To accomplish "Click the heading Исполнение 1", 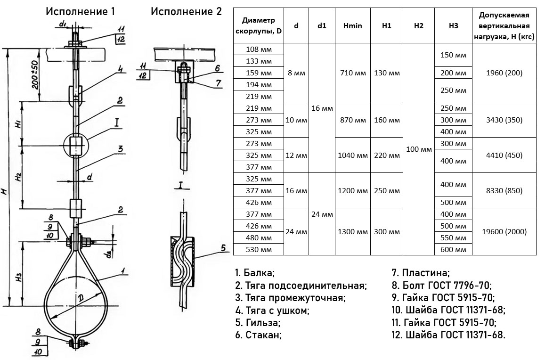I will (x=80, y=12).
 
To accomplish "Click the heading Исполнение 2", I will (x=186, y=12).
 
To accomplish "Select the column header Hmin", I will (x=353, y=26).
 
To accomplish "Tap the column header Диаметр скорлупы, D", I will (x=259, y=26).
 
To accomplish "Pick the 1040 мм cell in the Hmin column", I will (x=353, y=155).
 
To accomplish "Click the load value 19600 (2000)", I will (x=504, y=232).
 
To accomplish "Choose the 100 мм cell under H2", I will (x=419, y=149).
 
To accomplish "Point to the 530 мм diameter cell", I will (x=259, y=250).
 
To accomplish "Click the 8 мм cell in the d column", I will (x=296, y=73).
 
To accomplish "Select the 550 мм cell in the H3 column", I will (x=453, y=238).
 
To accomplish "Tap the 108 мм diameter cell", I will (x=259, y=49).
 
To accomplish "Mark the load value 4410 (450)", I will (x=504, y=155).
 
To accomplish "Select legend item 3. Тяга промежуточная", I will (x=290, y=298).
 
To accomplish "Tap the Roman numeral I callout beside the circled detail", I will (x=116, y=123).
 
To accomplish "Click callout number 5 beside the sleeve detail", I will (x=224, y=248).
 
